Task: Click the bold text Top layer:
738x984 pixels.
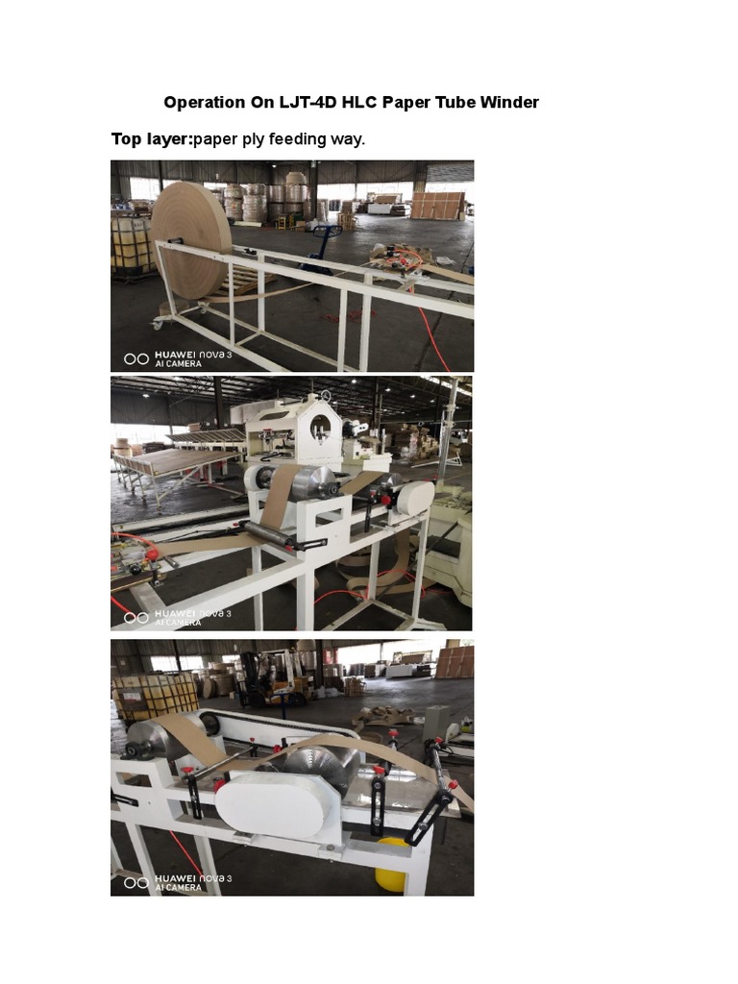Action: tap(152, 139)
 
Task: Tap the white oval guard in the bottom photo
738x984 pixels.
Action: tap(271, 803)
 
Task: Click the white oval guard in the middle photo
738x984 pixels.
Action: tap(415, 498)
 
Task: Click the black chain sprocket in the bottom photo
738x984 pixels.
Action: tap(209, 724)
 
